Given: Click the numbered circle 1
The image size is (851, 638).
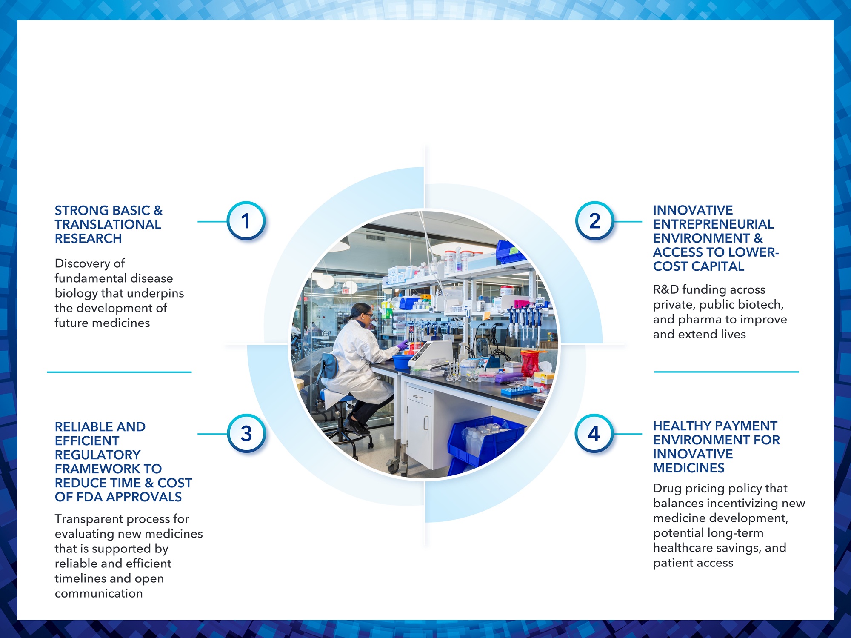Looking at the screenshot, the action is [x=246, y=221].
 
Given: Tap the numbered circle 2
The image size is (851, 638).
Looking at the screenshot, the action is [x=595, y=221].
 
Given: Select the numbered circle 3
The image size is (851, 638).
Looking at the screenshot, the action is [x=246, y=434].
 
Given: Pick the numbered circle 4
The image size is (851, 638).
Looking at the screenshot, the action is [x=594, y=434].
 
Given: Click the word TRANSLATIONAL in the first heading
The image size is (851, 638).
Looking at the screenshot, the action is [x=108, y=224].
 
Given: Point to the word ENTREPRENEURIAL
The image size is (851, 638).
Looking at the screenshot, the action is [x=713, y=224].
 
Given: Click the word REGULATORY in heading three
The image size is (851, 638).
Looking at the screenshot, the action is [x=97, y=455].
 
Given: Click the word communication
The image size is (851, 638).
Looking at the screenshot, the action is [x=99, y=593].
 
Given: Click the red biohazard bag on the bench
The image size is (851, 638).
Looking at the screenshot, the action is [x=529, y=363].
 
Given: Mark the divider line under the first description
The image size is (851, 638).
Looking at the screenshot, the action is [x=119, y=372].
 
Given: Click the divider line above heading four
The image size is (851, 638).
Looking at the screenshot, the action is [x=726, y=372].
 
